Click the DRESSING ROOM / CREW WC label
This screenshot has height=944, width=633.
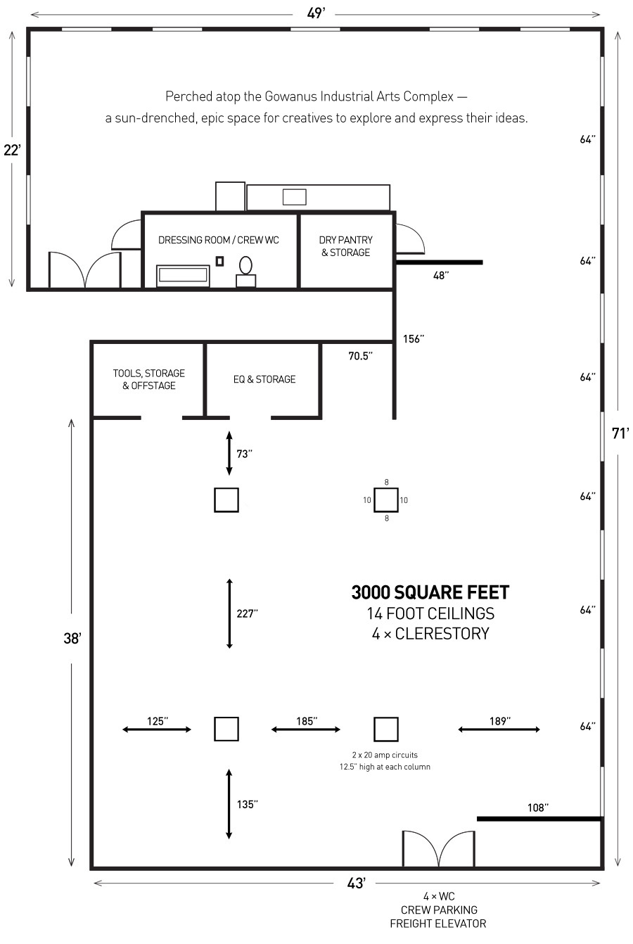pos(218,241)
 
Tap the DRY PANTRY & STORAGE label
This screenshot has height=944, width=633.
pos(345,246)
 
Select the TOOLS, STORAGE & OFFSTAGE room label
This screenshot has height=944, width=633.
pos(148,379)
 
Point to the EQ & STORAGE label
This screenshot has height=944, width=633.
pos(264,379)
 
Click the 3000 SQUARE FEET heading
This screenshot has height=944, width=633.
pos(430,593)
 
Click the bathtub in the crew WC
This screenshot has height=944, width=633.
pos(183,275)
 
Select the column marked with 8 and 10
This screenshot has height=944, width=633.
pos(385,500)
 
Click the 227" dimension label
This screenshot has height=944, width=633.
pos(247,613)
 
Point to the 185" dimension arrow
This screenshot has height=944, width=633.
pos(305,729)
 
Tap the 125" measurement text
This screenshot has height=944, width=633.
pos(157,721)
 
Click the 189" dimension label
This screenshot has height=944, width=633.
pos(499,721)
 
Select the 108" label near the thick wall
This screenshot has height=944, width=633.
pos(537,808)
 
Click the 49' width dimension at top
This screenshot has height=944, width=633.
pos(316,13)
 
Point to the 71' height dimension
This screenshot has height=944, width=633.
pos(619,433)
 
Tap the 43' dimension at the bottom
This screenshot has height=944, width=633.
pos(356,884)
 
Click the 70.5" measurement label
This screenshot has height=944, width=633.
pos(360,356)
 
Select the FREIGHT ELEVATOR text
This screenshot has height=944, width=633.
pos(437,924)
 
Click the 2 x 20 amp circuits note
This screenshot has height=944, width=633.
pos(385,754)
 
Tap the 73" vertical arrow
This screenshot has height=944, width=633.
pos(229,454)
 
